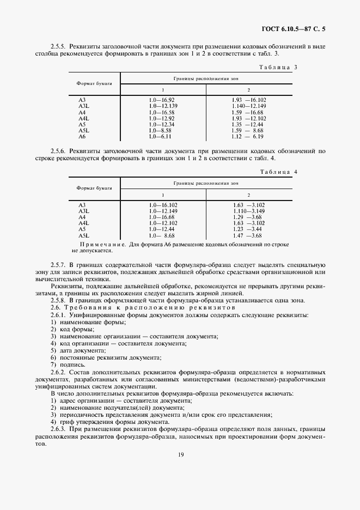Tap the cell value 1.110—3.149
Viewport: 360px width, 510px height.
(x=248, y=210)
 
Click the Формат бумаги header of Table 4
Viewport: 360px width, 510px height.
(x=94, y=187)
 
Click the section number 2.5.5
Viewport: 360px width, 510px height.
(x=58, y=46)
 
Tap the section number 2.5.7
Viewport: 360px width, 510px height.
(x=58, y=264)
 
